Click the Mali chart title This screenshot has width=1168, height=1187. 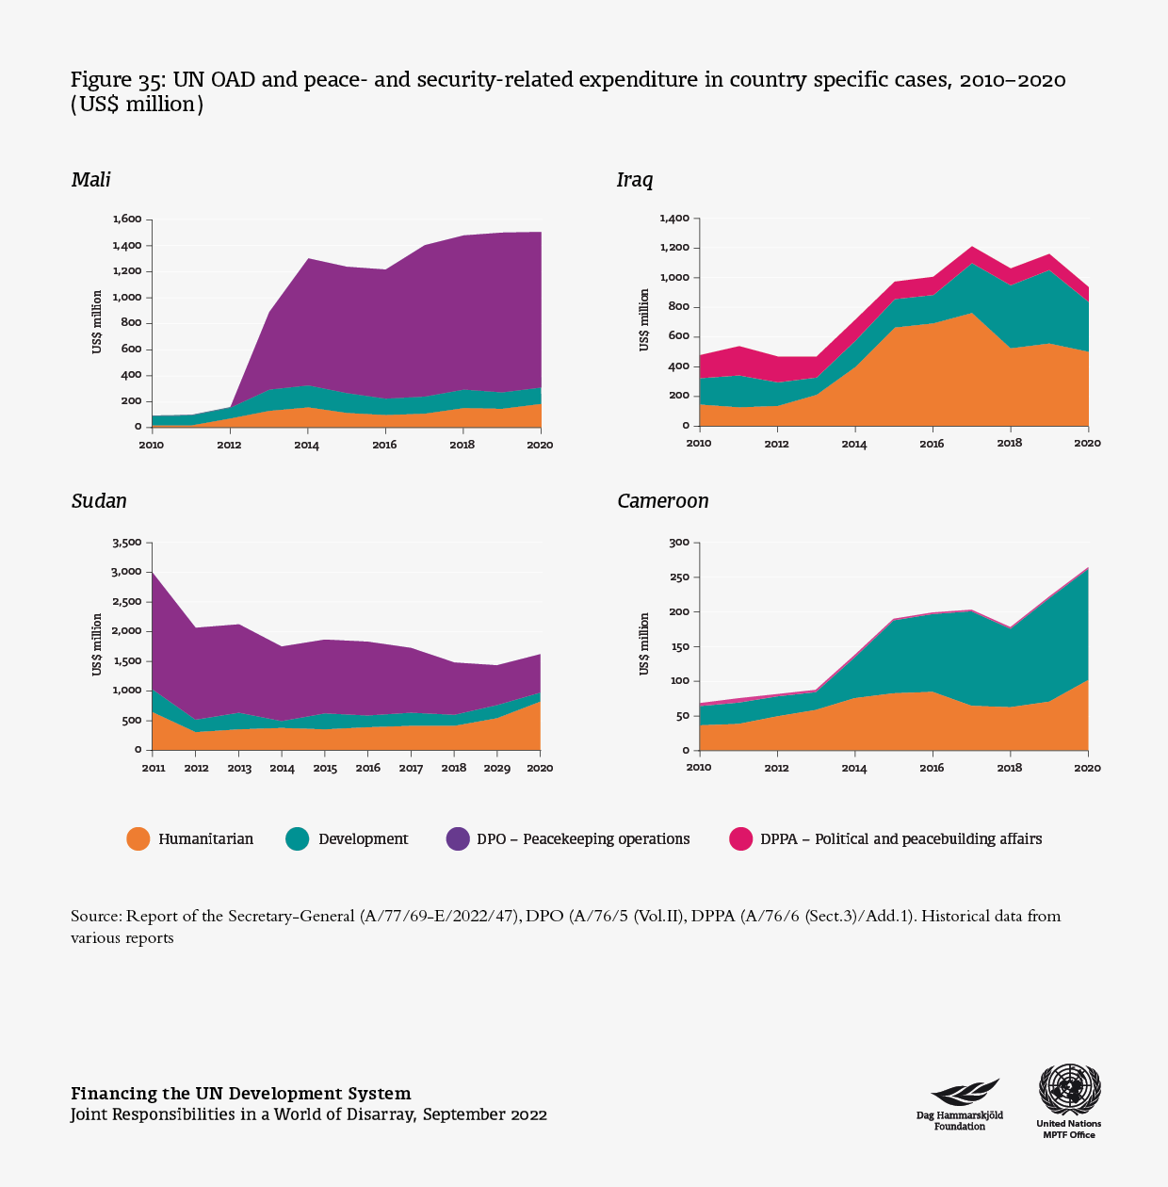[91, 180]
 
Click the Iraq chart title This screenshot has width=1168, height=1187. [635, 180]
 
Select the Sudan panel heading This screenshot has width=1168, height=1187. [99, 501]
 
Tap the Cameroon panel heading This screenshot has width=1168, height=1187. [662, 501]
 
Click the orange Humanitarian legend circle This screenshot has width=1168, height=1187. [138, 839]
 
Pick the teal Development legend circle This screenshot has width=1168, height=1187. [298, 839]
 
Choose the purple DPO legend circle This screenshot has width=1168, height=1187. [458, 839]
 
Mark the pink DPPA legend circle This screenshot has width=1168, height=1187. [741, 839]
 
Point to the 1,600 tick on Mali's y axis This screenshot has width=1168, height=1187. [126, 220]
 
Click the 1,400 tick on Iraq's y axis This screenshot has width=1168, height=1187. [674, 219]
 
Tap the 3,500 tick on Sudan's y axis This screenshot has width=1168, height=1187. [126, 543]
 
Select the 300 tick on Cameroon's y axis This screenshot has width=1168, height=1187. [679, 543]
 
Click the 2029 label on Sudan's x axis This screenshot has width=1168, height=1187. [496, 769]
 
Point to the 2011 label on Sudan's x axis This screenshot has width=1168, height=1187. [154, 769]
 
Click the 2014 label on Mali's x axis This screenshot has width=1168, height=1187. [307, 446]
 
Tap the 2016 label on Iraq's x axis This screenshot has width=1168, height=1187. [933, 444]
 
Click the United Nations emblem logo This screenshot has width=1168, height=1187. [1069, 1090]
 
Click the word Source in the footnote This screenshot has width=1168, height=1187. [95, 917]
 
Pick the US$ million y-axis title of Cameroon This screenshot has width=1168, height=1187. [645, 644]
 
